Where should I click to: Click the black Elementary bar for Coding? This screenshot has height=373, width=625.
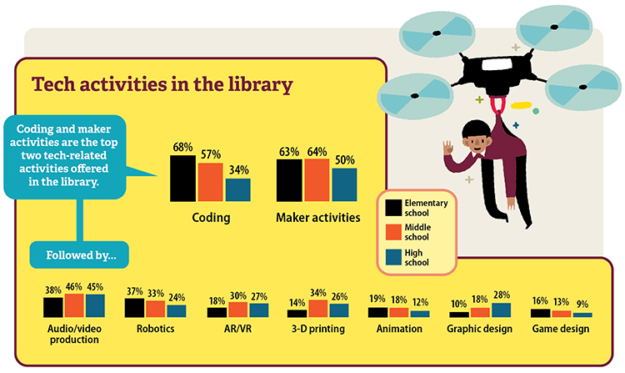(182, 178)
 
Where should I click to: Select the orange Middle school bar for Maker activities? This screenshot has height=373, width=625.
(317, 180)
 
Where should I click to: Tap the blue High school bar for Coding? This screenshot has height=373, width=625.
(237, 190)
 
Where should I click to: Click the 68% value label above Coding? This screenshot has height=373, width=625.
(182, 148)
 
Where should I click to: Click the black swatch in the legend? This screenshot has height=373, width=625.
(392, 206)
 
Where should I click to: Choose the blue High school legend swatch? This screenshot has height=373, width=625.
(392, 258)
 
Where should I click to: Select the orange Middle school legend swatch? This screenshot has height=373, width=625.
(392, 232)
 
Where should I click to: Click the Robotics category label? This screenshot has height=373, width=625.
(155, 329)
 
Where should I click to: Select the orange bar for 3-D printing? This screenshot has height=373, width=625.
(317, 308)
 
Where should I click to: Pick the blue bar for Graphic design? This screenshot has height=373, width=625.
(502, 310)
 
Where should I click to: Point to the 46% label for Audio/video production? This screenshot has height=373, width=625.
(74, 286)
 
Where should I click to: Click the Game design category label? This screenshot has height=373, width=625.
(560, 329)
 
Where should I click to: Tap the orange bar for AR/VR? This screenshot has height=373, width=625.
(237, 309)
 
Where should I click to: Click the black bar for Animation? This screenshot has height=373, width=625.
(377, 312)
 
